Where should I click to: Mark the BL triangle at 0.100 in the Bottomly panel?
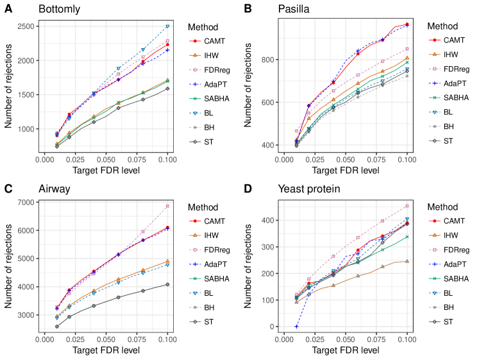[x=167, y=27]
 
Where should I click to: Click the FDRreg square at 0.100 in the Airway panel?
[x=167, y=206]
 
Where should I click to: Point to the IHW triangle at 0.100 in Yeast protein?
[x=407, y=261]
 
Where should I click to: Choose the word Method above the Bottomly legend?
[x=204, y=27]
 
